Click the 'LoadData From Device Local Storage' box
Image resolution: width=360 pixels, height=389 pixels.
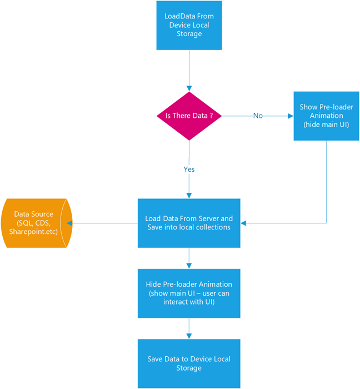[x=189, y=25]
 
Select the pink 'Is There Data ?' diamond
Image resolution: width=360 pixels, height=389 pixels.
[x=189, y=116]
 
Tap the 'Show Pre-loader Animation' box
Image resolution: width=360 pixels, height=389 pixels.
[x=326, y=116]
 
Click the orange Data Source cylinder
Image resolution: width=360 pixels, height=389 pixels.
[x=34, y=223]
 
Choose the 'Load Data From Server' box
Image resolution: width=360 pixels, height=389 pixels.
[x=189, y=223]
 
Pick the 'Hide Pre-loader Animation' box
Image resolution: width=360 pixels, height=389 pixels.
[x=189, y=293]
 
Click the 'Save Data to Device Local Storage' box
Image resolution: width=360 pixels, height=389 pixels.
[x=189, y=363]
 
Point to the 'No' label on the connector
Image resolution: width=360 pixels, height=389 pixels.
[x=258, y=116]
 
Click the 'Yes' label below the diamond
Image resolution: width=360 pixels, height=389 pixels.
[x=189, y=169]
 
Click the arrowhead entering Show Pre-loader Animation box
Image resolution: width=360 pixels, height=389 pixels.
[x=289, y=116]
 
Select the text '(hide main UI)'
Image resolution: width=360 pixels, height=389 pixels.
[x=326, y=125]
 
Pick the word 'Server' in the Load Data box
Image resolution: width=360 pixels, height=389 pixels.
[x=208, y=219]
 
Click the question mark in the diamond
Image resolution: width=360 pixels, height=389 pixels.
[x=211, y=116]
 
